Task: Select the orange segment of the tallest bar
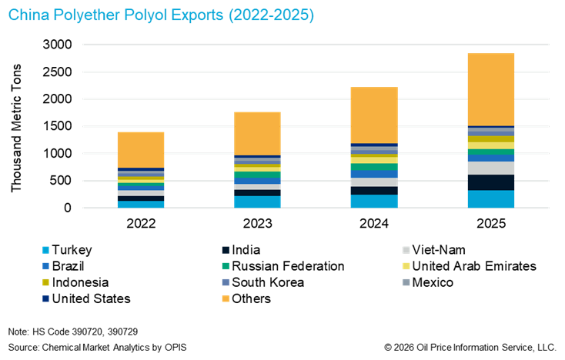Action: click(491, 89)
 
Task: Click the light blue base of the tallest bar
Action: click(491, 199)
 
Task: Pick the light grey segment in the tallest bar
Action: click(491, 168)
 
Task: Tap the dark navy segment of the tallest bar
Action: click(491, 182)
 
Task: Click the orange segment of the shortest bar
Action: click(141, 149)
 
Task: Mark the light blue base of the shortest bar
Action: click(141, 204)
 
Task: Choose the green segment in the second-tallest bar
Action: click(374, 166)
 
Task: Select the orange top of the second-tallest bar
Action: click(374, 115)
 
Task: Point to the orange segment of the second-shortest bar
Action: click(257, 132)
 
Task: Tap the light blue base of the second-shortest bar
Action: click(257, 202)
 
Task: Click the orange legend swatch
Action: click(226, 298)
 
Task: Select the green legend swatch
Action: click(226, 266)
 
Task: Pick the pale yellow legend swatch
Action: click(406, 266)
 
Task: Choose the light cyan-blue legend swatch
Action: click(46, 250)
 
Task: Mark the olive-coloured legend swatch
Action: click(46, 282)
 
